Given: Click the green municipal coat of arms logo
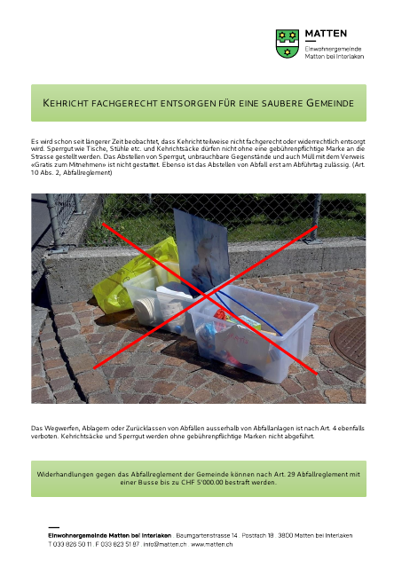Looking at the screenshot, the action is pyautogui.click(x=287, y=43).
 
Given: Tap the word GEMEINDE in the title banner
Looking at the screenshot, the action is pyautogui.click(x=330, y=104).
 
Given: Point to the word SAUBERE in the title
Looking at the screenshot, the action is pyautogui.click(x=273, y=104).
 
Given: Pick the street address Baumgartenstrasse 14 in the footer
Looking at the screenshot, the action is pyautogui.click(x=207, y=536).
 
